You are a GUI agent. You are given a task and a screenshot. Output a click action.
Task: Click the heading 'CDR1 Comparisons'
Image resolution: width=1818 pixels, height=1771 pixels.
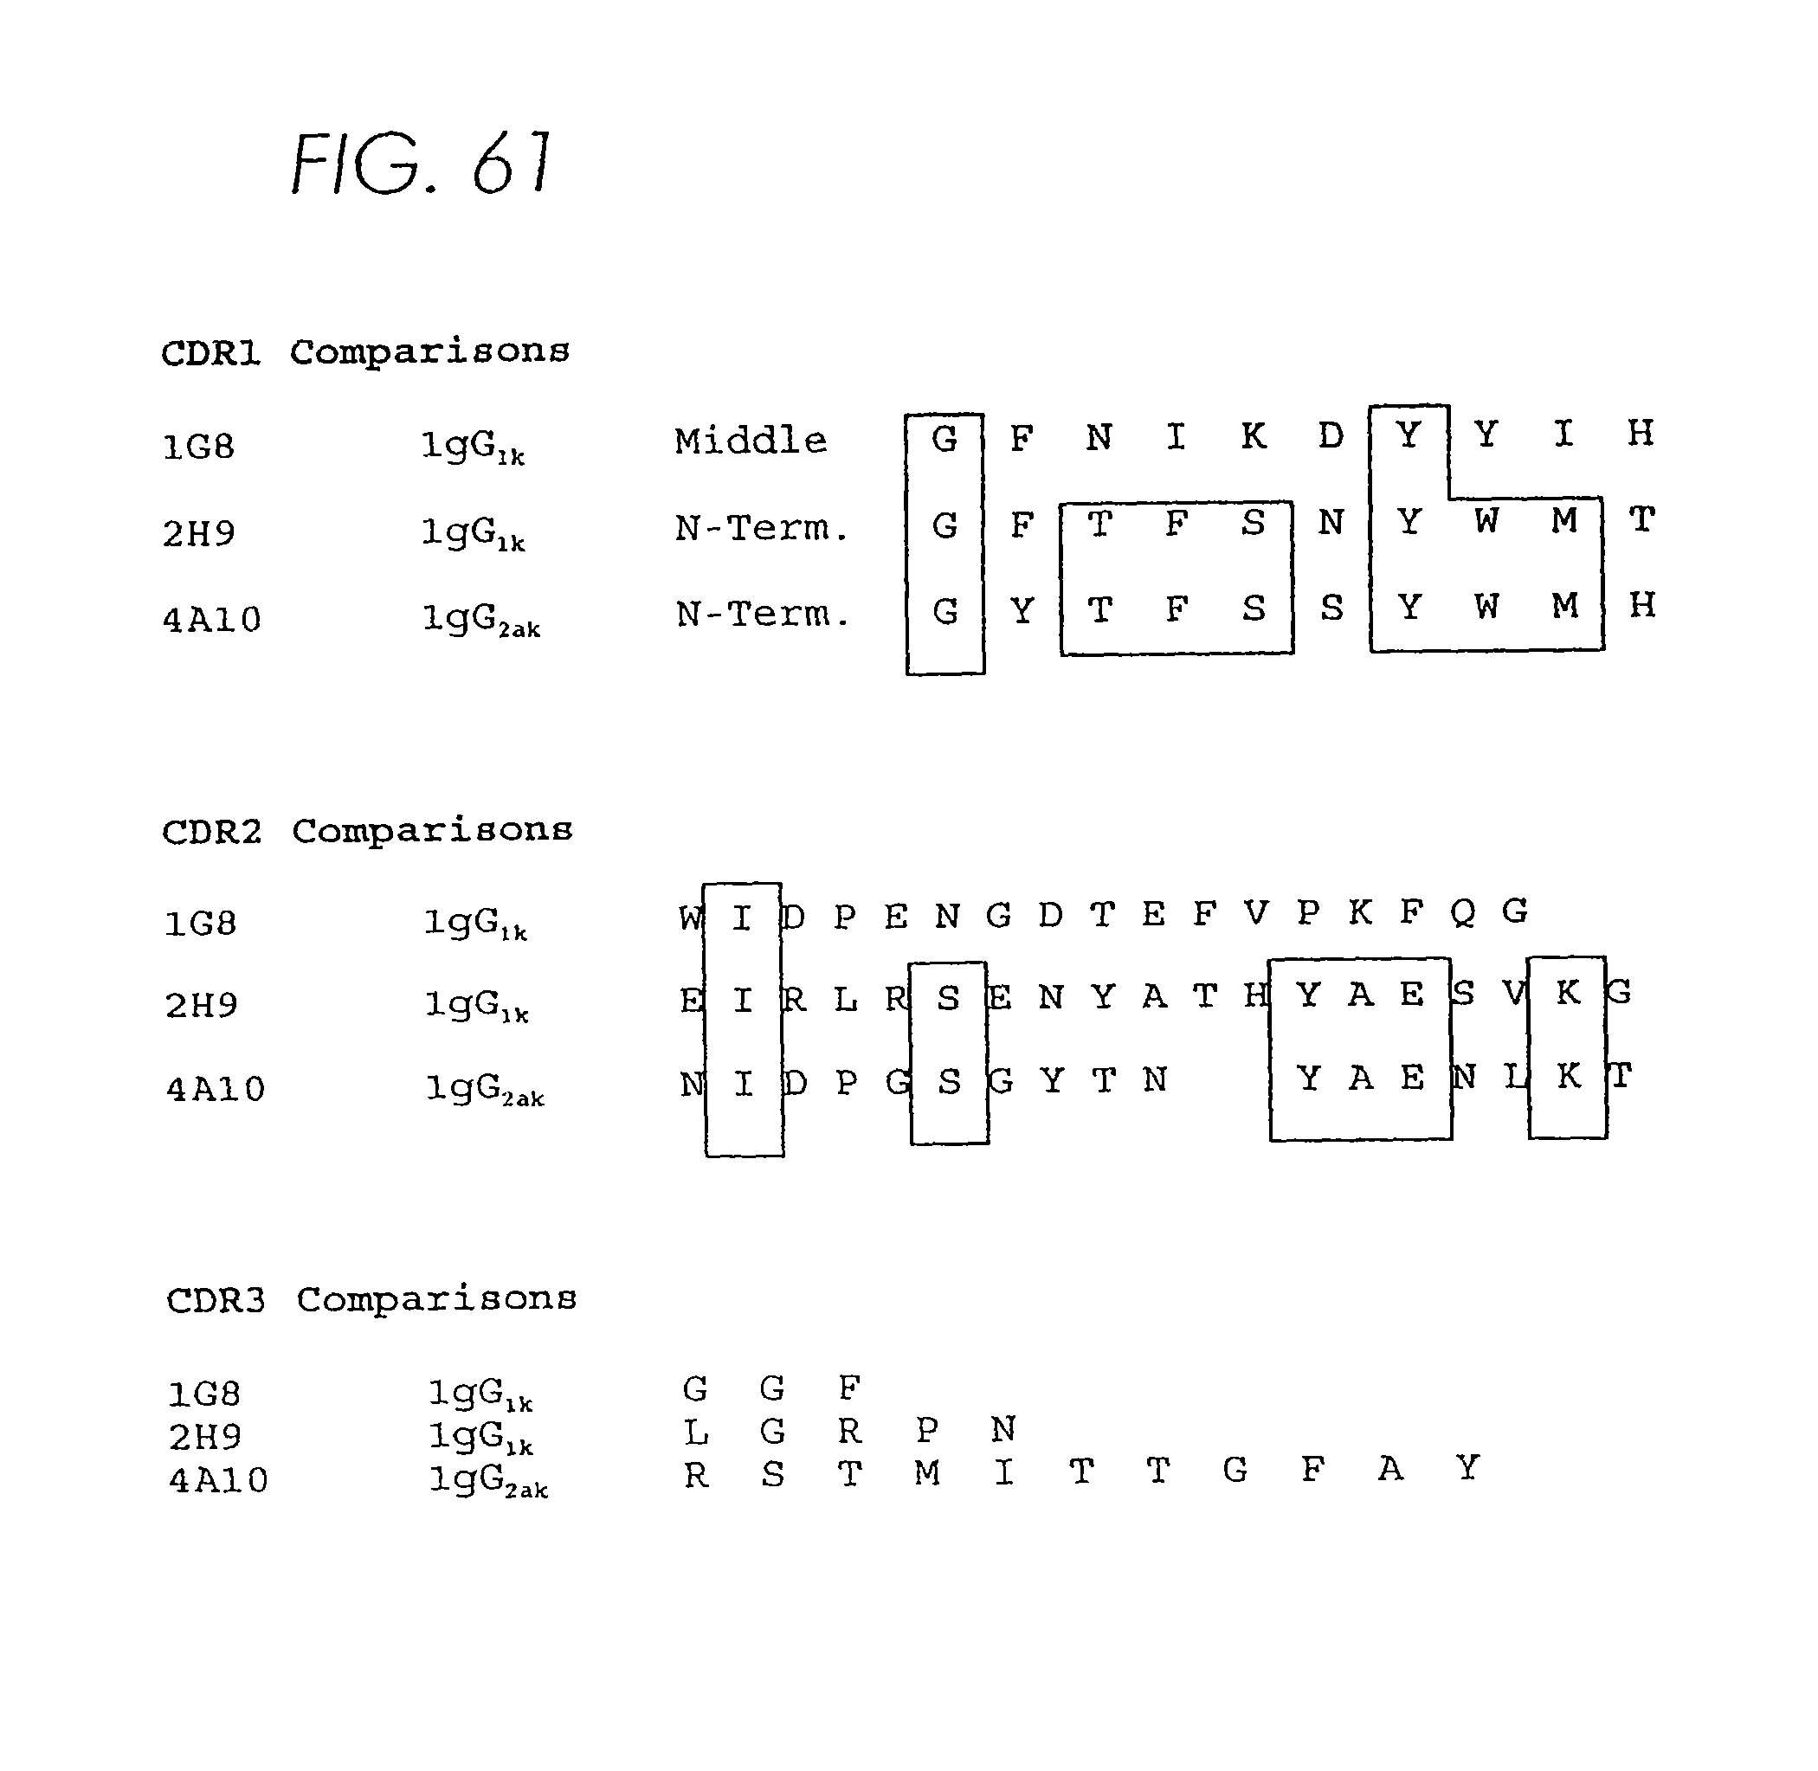click(x=364, y=352)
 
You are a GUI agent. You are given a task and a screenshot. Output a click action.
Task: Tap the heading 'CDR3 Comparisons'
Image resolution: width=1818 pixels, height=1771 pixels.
click(x=371, y=1298)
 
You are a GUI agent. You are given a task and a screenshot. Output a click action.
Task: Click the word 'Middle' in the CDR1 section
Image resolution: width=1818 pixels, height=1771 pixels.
click(x=750, y=440)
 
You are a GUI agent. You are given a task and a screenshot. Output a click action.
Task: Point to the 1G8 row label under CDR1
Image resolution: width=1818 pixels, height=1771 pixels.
click(x=198, y=448)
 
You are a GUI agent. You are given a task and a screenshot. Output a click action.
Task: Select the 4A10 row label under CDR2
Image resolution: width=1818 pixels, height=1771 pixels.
click(x=215, y=1088)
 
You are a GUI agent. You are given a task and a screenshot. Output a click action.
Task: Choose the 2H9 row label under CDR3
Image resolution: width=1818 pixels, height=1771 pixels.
click(x=204, y=1437)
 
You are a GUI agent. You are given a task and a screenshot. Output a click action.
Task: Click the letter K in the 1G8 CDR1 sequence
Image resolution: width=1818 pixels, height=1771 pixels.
click(x=1254, y=435)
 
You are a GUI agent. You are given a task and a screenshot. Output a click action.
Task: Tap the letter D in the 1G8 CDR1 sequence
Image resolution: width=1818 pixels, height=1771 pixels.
click(x=1331, y=435)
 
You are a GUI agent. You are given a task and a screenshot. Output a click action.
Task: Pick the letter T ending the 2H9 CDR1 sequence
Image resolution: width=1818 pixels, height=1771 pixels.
click(x=1641, y=519)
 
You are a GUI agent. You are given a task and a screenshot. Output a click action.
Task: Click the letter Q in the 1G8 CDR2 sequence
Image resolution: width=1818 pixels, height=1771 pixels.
click(x=1461, y=912)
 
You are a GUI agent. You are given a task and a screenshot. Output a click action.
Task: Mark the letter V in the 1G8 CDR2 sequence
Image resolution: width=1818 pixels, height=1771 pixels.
click(x=1255, y=913)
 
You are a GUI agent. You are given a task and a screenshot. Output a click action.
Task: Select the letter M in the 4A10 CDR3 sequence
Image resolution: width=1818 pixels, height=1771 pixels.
click(x=926, y=1473)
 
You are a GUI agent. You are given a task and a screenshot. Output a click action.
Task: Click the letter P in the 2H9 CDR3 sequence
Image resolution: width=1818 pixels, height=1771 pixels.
click(x=926, y=1430)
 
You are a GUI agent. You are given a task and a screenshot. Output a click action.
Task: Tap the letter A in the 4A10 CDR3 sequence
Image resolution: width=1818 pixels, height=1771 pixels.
click(x=1390, y=1470)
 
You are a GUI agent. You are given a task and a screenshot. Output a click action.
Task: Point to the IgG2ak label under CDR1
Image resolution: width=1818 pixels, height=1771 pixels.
click(x=481, y=621)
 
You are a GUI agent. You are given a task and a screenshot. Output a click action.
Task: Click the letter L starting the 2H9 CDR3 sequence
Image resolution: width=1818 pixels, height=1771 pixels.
click(x=695, y=1433)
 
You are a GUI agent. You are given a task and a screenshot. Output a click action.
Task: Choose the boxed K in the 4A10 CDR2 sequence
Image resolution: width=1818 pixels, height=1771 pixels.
click(x=1569, y=1076)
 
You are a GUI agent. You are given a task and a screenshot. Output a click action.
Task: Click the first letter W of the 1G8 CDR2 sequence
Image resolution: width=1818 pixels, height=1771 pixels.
click(x=690, y=918)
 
